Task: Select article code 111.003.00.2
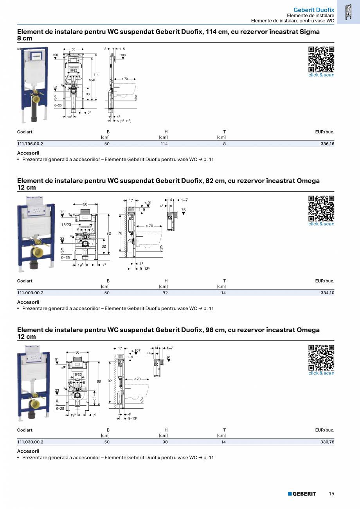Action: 30,293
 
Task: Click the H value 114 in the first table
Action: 164,144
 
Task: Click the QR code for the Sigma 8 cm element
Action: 321,59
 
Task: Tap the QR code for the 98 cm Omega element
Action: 321,357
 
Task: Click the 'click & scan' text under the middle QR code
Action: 321,224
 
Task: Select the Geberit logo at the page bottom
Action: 302,494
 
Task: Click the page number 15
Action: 331,494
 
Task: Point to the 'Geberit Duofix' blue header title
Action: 313,10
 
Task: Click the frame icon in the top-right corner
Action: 348,13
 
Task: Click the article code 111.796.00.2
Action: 30,144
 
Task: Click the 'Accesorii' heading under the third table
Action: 28,451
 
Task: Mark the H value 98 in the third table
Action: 165,442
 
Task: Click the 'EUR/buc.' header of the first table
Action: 324,132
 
